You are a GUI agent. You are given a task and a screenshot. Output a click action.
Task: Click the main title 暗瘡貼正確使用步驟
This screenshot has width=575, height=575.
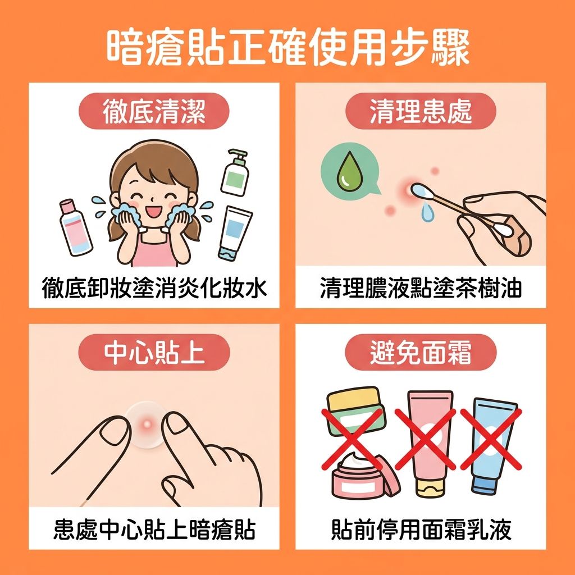(288, 48)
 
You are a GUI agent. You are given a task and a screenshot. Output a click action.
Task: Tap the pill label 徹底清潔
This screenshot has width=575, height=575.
(154, 111)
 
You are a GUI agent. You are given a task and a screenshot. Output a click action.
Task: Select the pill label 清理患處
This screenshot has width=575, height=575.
(421, 111)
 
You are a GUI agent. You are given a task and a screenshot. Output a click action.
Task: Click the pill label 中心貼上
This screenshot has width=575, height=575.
(154, 353)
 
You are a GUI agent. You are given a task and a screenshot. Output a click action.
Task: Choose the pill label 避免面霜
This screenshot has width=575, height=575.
(421, 353)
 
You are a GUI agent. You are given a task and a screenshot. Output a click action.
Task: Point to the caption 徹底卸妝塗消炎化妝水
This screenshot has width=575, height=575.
(154, 288)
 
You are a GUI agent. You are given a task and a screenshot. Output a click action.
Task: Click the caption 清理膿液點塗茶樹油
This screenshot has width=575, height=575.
(421, 288)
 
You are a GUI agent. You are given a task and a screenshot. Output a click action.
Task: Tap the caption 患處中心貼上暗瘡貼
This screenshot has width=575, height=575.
(154, 530)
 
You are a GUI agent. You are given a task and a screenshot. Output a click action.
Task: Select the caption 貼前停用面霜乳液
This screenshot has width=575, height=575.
(421, 530)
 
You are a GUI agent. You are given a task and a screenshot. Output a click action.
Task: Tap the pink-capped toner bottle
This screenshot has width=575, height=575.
(75, 227)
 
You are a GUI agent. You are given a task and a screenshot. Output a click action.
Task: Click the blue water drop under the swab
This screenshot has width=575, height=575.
(426, 213)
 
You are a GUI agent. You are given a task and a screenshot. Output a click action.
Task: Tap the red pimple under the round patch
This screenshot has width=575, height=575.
(147, 425)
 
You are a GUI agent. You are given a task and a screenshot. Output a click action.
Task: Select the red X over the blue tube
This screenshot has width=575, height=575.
(491, 440)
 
